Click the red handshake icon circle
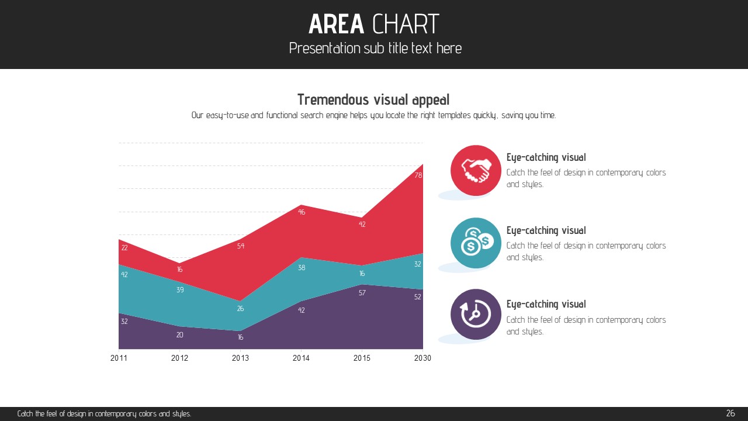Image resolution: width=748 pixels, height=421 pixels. point(476,170)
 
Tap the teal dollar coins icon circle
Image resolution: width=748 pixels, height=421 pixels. point(476,243)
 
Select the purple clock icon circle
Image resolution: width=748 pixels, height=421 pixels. point(476,315)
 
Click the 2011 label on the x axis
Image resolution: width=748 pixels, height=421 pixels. point(119,358)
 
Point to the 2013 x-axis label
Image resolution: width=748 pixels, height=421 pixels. point(240,358)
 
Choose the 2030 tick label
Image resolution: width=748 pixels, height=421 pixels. point(422,358)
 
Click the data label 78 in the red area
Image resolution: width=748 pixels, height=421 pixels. point(418,175)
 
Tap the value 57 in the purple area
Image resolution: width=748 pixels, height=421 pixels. point(362,293)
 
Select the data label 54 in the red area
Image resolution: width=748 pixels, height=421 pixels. point(241,246)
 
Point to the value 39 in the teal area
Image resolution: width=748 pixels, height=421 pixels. point(180,290)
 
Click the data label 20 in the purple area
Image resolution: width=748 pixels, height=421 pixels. point(180,335)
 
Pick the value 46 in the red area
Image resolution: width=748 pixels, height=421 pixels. point(302,212)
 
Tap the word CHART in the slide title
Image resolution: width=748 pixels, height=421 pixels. point(406,25)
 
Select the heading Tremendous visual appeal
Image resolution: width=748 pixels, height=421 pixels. point(373,99)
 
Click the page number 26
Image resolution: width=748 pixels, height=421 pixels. point(730,413)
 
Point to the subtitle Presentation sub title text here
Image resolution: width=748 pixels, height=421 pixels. point(375,48)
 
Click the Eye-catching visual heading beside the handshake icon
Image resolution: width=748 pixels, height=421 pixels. point(546,157)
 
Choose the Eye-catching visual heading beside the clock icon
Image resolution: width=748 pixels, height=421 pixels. point(546,304)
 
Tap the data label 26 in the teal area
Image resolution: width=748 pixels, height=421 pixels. point(240,309)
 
